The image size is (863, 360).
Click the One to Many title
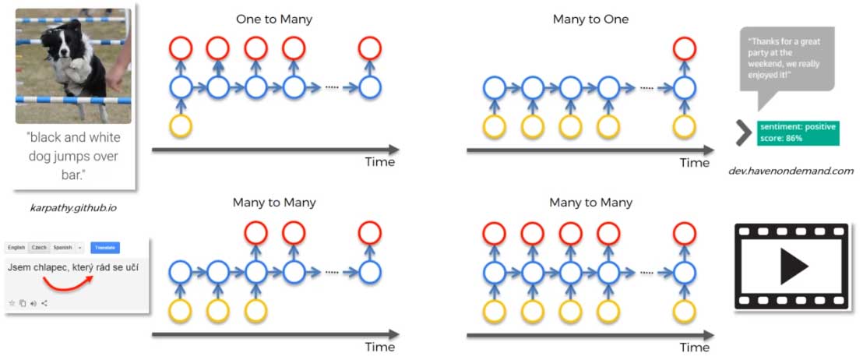(x=274, y=19)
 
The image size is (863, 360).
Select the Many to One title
(x=590, y=19)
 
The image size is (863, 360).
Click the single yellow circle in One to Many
(x=181, y=125)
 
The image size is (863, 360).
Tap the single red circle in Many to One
(x=684, y=48)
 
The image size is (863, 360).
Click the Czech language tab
(x=39, y=247)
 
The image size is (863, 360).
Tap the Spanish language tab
(x=63, y=247)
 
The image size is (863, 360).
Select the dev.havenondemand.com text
(x=791, y=171)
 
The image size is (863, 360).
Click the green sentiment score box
(x=797, y=132)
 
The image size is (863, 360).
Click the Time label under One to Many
(x=379, y=162)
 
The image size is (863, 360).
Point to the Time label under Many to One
(x=695, y=162)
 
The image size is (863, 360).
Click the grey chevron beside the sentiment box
(x=742, y=132)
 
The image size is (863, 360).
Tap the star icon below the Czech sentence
(x=12, y=302)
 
